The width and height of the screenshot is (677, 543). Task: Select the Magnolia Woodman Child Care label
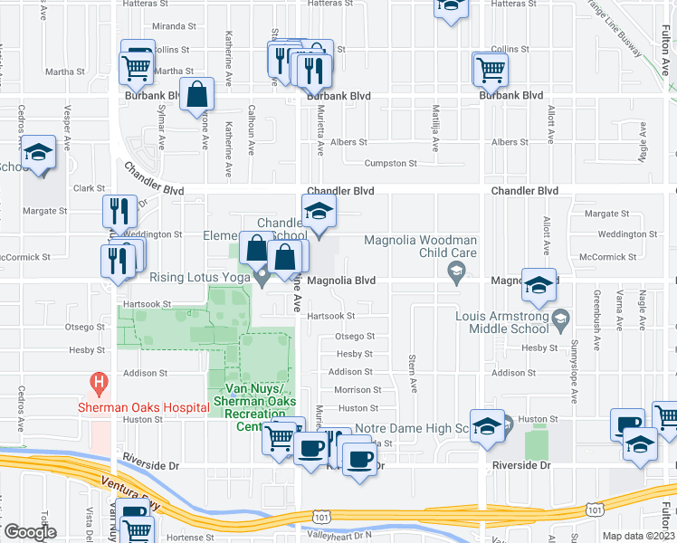tap(420, 246)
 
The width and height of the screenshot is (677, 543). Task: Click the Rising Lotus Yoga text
tap(199, 278)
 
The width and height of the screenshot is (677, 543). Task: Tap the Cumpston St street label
tap(389, 164)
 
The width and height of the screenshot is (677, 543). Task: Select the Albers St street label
tap(348, 142)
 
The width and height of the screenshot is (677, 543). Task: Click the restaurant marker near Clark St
tap(119, 213)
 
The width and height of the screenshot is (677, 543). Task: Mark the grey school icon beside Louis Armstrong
tap(561, 317)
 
